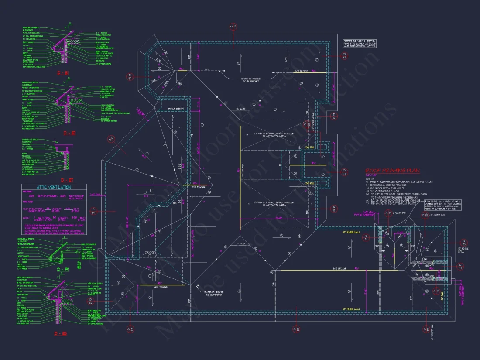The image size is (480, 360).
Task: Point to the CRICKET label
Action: pyautogui.click(x=151, y=252)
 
